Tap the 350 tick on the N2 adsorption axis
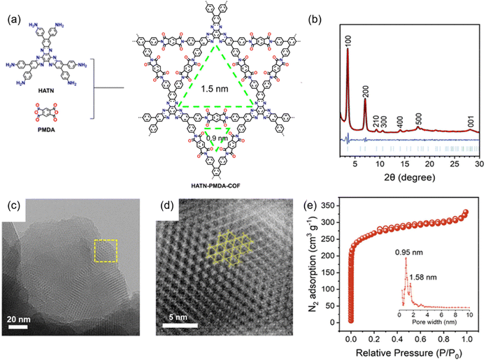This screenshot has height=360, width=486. click(337, 206)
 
